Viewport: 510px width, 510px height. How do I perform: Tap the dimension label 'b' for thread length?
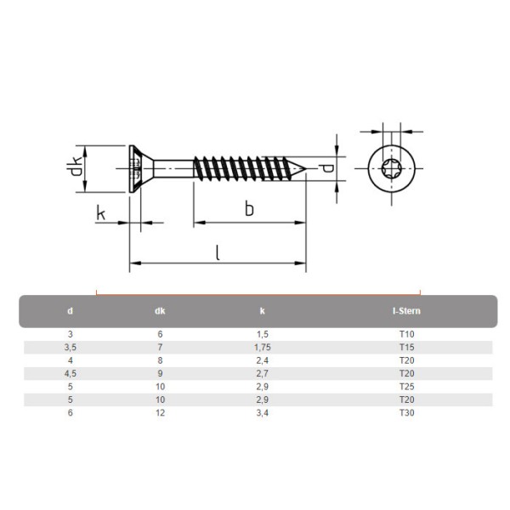249,209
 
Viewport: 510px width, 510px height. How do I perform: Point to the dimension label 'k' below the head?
101,212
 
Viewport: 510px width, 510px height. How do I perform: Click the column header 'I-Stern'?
406,311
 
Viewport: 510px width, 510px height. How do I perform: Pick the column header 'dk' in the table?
160,311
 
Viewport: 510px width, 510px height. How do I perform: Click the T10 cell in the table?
406,335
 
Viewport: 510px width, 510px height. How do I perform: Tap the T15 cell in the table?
406,348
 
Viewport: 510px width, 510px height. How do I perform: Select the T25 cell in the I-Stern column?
406,387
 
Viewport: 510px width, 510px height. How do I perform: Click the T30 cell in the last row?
406,413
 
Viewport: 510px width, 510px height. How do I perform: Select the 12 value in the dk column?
160,413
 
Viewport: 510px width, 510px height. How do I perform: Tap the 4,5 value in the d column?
71,374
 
